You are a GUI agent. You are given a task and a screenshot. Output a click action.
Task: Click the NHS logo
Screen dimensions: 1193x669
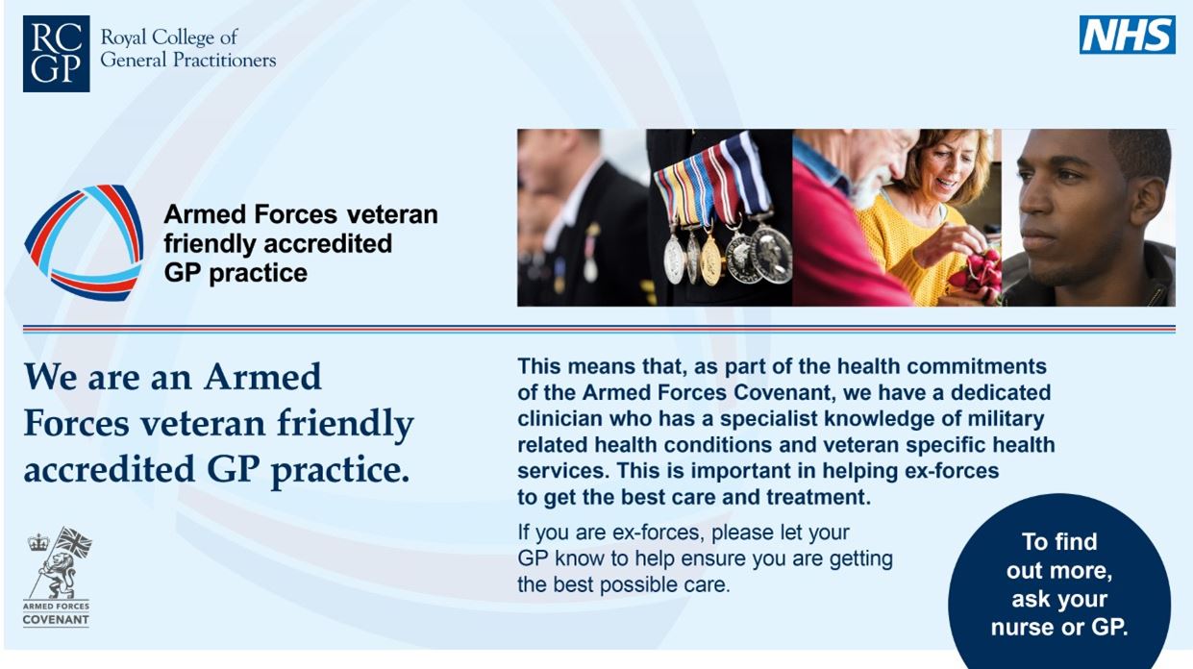[x=1127, y=35]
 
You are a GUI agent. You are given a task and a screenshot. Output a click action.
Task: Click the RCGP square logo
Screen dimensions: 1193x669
[x=56, y=54]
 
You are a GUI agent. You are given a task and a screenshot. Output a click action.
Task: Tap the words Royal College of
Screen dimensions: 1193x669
[x=169, y=37]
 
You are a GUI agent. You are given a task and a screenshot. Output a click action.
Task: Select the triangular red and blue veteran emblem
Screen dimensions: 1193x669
[x=84, y=242]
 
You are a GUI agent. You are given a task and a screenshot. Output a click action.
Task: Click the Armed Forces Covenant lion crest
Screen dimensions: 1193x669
[x=59, y=563]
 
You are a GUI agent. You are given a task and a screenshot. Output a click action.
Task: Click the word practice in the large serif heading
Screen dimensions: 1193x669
[x=340, y=471]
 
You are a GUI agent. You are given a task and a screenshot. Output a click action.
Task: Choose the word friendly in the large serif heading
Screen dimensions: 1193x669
[x=345, y=425]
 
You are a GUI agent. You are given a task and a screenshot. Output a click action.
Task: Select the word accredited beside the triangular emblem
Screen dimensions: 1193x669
[x=328, y=243]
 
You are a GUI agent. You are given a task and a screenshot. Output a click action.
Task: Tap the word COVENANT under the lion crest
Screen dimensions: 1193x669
[x=56, y=620]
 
